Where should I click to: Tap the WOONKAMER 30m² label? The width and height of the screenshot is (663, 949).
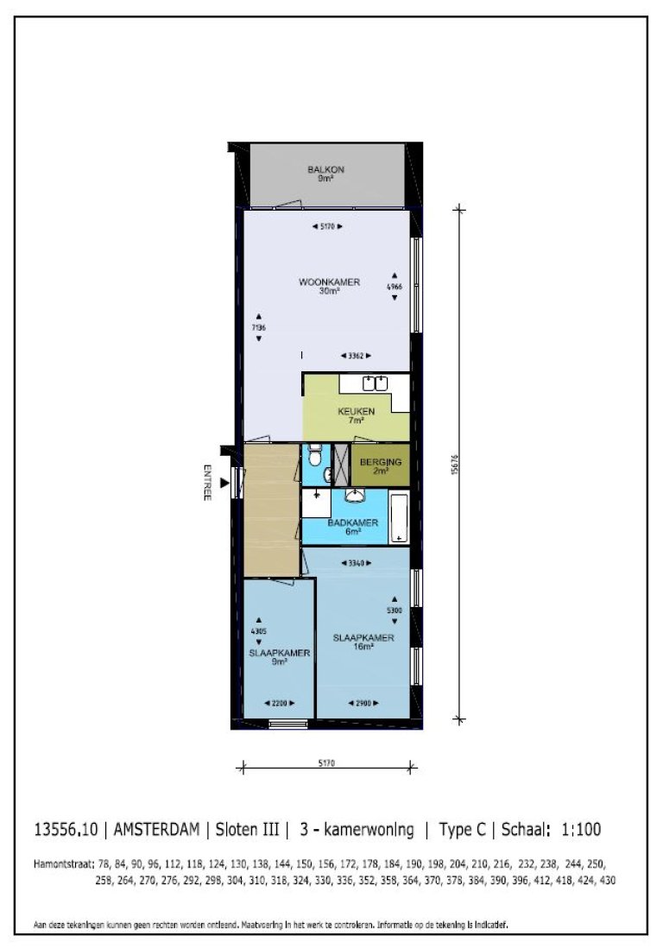tap(329, 287)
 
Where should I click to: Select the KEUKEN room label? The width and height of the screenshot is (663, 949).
tap(356, 416)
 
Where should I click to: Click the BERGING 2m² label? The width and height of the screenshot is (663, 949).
tap(381, 466)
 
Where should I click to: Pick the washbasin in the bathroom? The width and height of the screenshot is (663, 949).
tap(354, 496)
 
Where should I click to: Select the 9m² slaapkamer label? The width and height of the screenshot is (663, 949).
tap(279, 657)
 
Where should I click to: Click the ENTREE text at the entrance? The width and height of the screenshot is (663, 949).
tap(207, 484)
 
